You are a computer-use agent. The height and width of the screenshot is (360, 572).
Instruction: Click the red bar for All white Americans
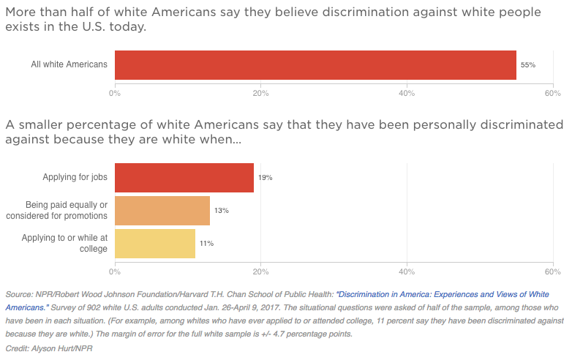315,64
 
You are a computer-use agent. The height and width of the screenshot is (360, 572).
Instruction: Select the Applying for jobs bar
184,178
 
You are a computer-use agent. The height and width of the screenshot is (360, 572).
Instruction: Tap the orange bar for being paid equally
162,211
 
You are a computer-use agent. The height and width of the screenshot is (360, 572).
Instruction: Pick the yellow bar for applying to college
155,243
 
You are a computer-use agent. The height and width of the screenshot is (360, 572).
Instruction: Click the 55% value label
528,65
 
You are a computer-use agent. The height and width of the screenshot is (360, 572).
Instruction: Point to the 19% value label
265,178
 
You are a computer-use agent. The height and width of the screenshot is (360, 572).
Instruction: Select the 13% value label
221,211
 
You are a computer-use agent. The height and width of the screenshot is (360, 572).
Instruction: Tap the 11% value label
206,244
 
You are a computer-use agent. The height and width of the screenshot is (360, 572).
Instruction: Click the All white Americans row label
69,64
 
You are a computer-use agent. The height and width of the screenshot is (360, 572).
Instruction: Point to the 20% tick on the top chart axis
260,93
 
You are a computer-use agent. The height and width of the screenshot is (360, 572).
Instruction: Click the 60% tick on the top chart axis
552,93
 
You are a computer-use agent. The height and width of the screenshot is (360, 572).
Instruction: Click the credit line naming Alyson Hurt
50,348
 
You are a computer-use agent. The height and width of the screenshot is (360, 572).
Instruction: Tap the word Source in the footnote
18,294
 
